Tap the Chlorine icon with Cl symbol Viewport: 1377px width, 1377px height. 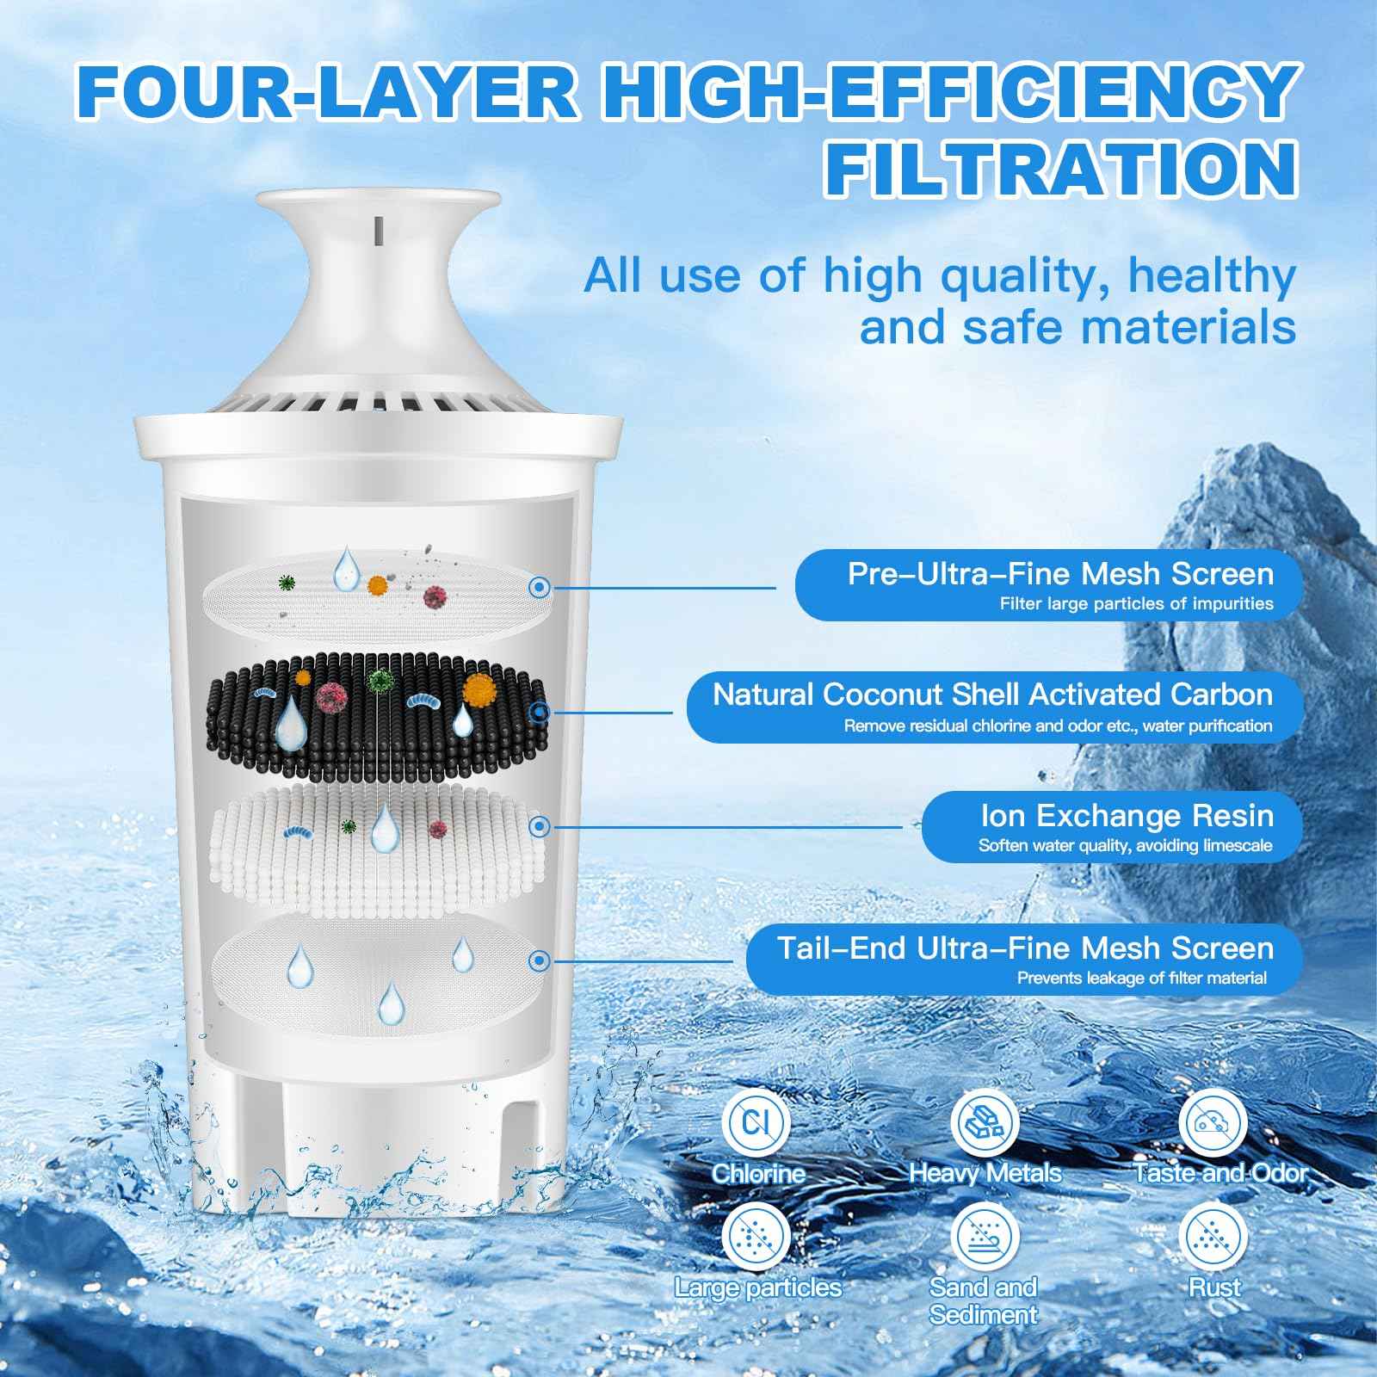coord(755,1122)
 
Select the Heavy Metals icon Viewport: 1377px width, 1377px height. coord(985,1122)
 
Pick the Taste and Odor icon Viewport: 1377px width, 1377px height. coord(1213,1122)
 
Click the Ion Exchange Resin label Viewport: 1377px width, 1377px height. coord(1127,815)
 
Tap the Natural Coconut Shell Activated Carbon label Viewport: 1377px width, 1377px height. coord(991,695)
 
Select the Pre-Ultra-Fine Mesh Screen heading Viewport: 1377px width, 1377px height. coord(1059,574)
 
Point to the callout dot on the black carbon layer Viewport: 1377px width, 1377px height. coord(540,712)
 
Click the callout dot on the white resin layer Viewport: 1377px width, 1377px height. coord(540,826)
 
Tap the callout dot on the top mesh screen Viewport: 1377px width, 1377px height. coord(540,588)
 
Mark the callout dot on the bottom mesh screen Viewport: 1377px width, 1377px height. coord(540,960)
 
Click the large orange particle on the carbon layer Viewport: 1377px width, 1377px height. coord(479,689)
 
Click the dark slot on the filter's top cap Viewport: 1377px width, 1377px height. coord(378,228)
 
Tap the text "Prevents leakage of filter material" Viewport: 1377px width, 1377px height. coord(1141,978)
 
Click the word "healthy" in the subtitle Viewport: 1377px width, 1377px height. coord(1212,276)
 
